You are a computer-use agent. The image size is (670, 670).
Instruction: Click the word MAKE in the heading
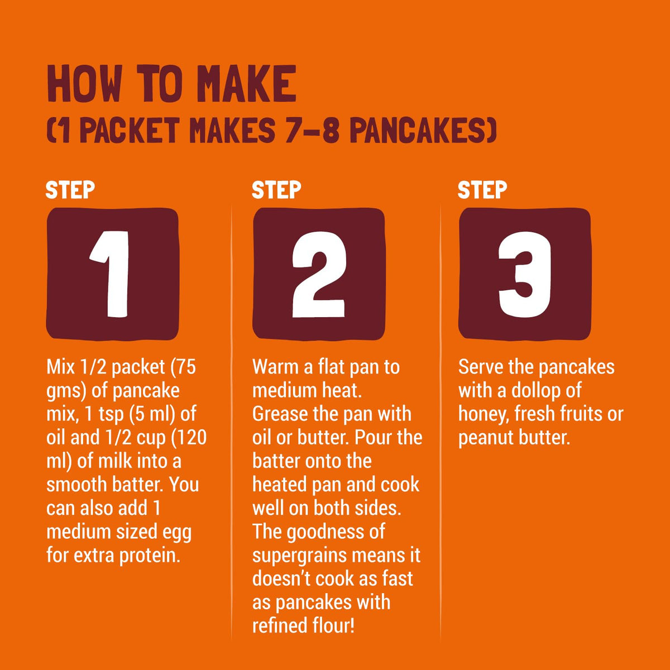pyautogui.click(x=247, y=83)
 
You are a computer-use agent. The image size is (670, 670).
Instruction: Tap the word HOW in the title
pyautogui.click(x=84, y=83)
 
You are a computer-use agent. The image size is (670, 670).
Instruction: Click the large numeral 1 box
pyautogui.click(x=112, y=274)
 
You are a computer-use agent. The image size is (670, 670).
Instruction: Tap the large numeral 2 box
pyautogui.click(x=318, y=274)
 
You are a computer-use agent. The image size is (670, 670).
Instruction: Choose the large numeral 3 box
pyautogui.click(x=525, y=274)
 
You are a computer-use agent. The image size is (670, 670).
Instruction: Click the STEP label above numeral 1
pyautogui.click(x=70, y=190)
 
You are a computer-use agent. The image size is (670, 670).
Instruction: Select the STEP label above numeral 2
pyautogui.click(x=276, y=190)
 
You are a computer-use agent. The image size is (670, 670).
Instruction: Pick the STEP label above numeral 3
pyautogui.click(x=482, y=190)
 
